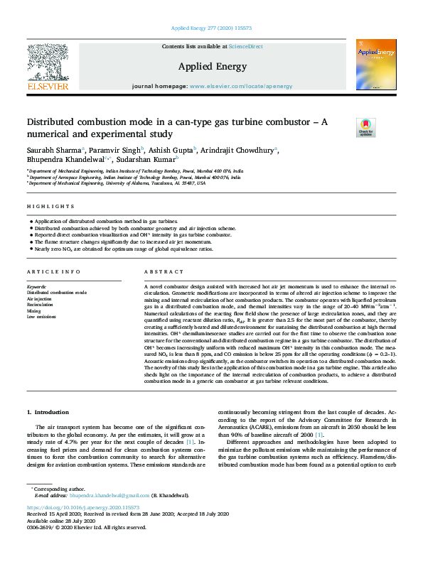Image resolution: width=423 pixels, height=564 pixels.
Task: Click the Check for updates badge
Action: (366, 126)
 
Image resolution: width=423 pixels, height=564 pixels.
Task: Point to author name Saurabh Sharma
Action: (54, 150)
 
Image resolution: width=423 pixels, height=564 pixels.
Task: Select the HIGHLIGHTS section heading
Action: (50, 206)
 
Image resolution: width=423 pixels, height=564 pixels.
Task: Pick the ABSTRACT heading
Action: (159, 273)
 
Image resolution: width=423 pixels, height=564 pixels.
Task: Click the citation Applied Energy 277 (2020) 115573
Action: (211, 28)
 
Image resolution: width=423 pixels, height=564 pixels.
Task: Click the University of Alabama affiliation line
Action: (117, 183)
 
